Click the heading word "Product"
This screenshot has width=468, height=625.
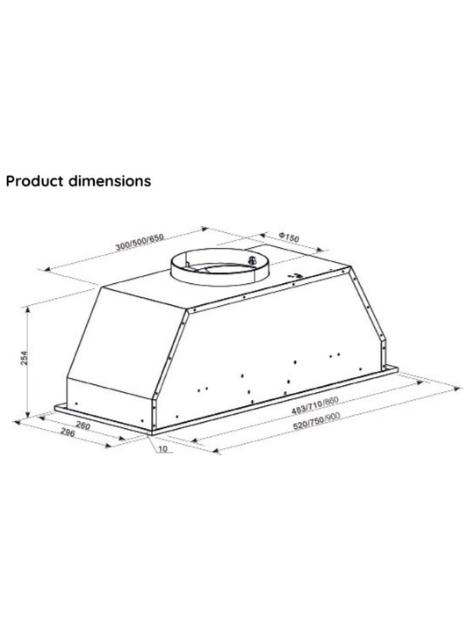click(34, 182)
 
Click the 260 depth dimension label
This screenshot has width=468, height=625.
click(83, 426)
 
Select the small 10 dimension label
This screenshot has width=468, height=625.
click(165, 448)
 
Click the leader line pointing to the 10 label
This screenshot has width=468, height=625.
click(153, 442)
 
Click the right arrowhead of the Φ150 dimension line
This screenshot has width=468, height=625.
click(315, 253)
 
